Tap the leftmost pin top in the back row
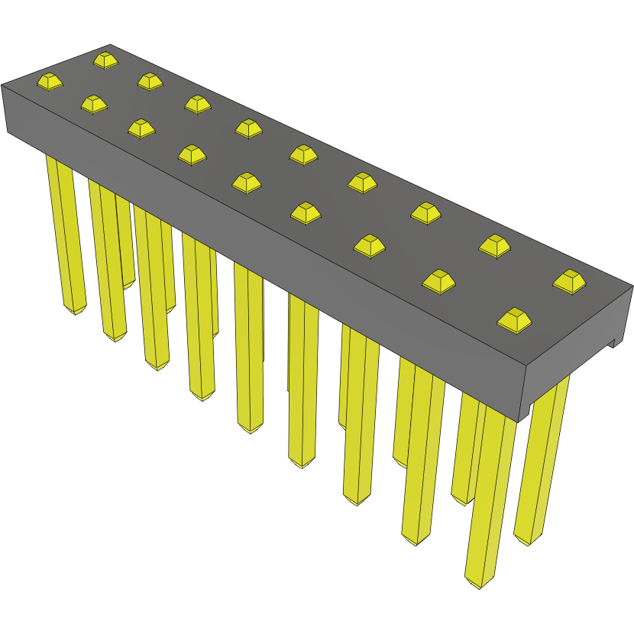click(x=105, y=59)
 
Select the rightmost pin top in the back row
click(x=569, y=280)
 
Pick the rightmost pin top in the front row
click(x=514, y=319)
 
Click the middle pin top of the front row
click(x=246, y=182)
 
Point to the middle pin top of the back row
click(x=303, y=154)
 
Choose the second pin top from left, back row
click(x=150, y=80)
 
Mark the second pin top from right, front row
click(x=438, y=281)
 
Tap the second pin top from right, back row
click(x=494, y=244)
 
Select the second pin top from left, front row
click(x=93, y=104)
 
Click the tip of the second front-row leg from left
click(x=115, y=338)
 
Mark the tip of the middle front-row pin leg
click(x=250, y=430)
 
